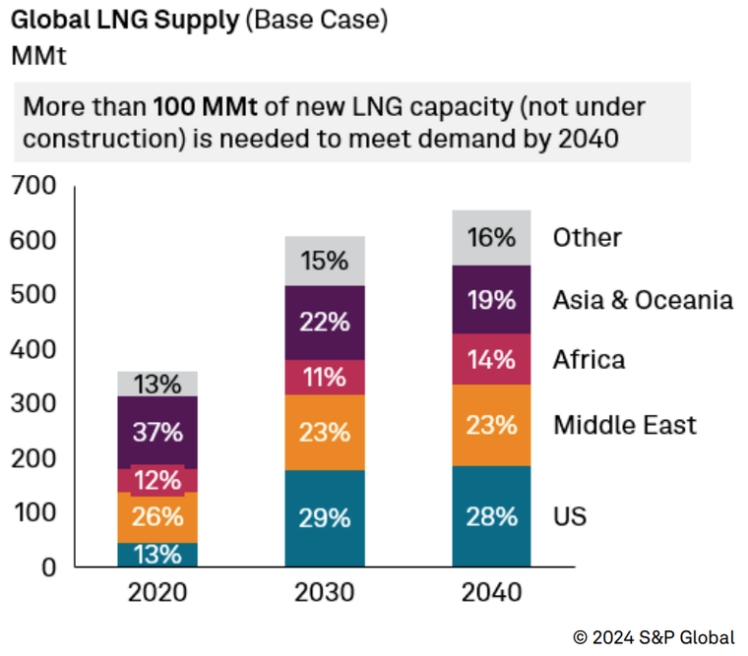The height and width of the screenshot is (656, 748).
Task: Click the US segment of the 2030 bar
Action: [x=325, y=517]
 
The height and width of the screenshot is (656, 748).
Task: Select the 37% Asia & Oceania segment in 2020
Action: [x=157, y=432]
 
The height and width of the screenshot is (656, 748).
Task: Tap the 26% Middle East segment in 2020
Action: [x=157, y=516]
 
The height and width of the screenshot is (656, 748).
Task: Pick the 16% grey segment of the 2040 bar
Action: [x=491, y=237]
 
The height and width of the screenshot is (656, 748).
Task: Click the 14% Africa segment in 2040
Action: [x=491, y=359]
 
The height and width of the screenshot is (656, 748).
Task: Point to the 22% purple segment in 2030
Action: [x=325, y=323]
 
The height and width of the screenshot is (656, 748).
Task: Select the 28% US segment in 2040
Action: [x=491, y=516]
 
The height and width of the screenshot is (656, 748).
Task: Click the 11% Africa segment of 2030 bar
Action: [x=325, y=378]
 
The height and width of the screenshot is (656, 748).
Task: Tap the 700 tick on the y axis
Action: [x=34, y=186]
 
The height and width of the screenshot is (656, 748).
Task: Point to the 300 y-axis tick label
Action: [x=34, y=403]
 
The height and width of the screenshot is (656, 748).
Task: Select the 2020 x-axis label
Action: [x=157, y=594]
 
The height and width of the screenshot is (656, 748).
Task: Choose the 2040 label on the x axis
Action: [x=491, y=594]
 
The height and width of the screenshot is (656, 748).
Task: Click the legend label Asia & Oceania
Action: [x=642, y=300]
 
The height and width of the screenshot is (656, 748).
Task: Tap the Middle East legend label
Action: [x=624, y=425]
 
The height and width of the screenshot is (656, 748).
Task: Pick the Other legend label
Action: [x=587, y=237]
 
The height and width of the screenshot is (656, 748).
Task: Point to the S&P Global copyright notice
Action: [x=654, y=637]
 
